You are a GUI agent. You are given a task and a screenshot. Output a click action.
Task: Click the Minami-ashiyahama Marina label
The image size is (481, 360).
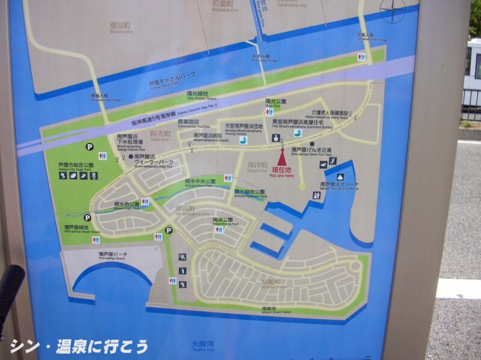[340, 187]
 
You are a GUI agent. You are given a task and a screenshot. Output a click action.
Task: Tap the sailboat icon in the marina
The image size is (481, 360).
[340, 177]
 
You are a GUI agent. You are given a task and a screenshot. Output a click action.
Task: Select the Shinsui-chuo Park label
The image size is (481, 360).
[199, 182]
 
